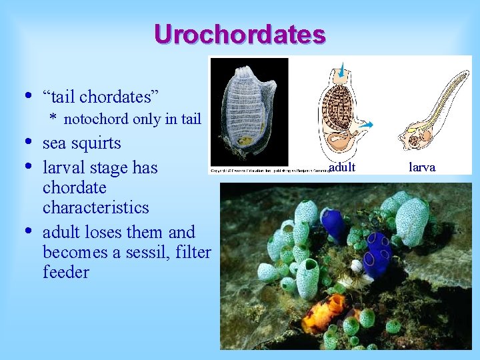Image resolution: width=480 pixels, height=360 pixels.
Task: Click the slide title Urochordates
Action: (x=239, y=34)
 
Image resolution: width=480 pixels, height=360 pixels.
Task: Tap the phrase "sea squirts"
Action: (x=81, y=143)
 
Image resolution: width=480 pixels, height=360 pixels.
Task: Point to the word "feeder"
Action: (x=65, y=273)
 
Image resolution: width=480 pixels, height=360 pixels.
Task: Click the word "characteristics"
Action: (x=95, y=207)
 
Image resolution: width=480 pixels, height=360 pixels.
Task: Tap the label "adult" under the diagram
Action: (x=342, y=167)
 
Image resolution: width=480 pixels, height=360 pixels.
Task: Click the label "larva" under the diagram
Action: (x=421, y=167)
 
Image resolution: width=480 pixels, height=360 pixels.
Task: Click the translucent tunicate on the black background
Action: (x=249, y=111)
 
